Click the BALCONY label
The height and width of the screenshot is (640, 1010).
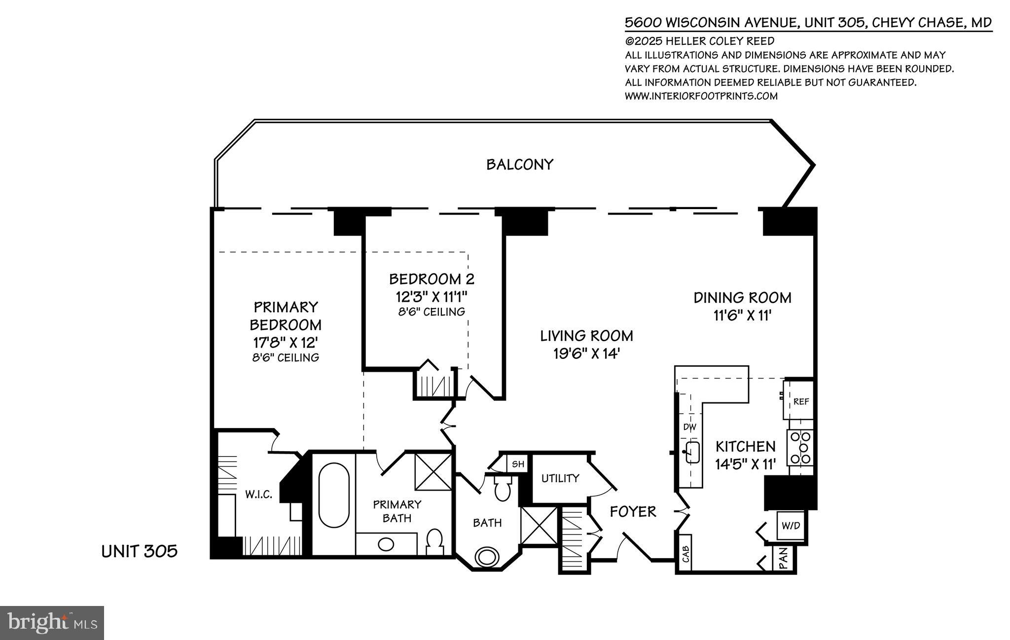[520, 164]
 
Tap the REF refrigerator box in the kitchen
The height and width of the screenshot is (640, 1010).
[801, 402]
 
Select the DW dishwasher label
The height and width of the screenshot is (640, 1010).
[689, 427]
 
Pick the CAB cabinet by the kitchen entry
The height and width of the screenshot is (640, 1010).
[685, 554]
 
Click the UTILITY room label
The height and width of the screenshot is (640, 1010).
[560, 478]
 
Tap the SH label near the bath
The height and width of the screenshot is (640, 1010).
[518, 464]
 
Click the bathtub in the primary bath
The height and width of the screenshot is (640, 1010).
[334, 496]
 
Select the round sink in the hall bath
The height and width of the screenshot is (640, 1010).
[486, 557]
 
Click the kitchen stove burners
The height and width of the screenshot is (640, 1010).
[800, 448]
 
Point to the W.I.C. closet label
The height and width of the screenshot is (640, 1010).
[258, 495]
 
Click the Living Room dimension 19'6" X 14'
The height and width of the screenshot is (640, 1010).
[586, 354]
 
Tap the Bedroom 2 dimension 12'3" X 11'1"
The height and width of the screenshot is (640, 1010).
[432, 297]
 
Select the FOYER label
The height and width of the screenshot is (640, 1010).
[633, 511]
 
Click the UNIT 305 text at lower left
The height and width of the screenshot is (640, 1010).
[139, 551]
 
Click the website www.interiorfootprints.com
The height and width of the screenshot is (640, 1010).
[701, 96]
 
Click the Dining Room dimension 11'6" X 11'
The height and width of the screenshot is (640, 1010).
[742, 316]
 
